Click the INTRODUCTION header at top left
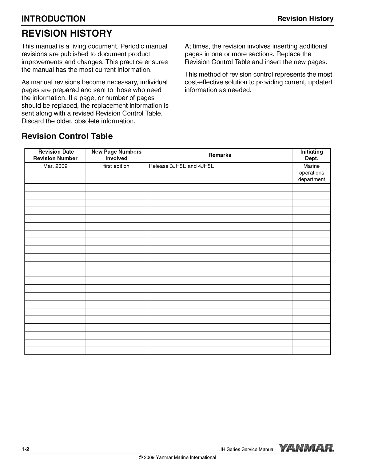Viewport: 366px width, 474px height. pos(54,19)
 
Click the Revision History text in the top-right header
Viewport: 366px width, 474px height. pos(305,19)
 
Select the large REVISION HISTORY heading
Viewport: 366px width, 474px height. pos(66,33)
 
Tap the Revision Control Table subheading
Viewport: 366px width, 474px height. pos(67,136)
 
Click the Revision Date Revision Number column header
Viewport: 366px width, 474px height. pos(55,155)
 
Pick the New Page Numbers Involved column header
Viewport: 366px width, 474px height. pos(116,155)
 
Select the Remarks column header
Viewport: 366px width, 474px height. pos(220,155)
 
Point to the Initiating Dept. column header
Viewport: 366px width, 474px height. pos(311,155)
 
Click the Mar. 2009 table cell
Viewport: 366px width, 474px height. pos(55,166)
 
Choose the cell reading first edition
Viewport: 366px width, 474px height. pos(116,166)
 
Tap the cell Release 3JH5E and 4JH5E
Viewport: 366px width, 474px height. pos(181,166)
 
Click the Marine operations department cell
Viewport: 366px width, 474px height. pos(311,173)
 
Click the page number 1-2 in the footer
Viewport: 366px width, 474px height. pos(25,449)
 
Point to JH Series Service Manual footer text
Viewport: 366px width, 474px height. pos(247,449)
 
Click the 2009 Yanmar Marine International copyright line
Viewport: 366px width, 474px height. pos(178,457)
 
